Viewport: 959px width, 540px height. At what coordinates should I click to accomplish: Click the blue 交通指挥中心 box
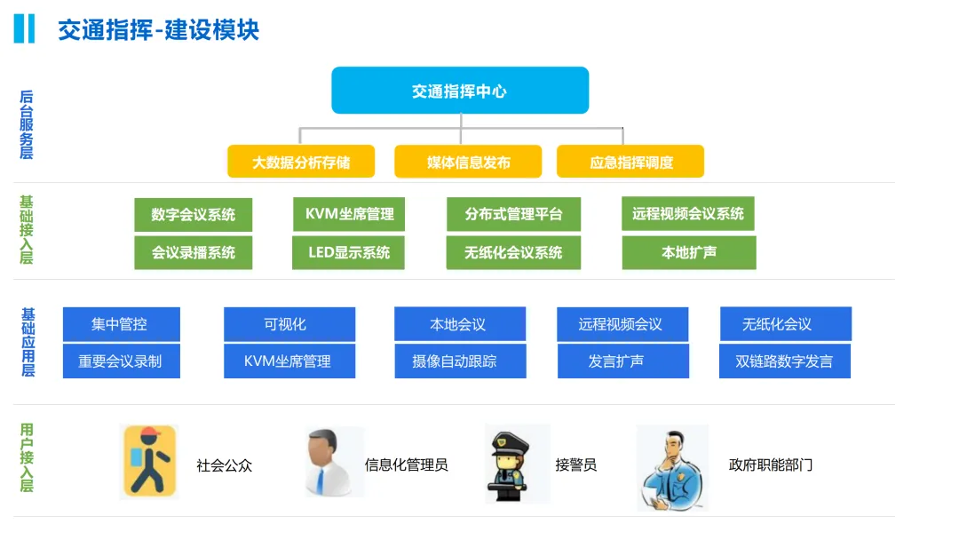[x=460, y=91]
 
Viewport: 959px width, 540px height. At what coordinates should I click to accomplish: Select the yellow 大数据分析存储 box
[x=301, y=163]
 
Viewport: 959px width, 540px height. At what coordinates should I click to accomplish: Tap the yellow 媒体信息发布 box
[x=468, y=163]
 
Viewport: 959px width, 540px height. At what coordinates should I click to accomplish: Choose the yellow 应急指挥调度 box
[x=630, y=163]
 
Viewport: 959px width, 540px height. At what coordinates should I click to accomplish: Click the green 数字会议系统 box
[x=194, y=215]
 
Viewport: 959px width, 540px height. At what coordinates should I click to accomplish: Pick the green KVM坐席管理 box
[x=349, y=214]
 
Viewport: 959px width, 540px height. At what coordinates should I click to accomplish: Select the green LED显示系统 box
[x=349, y=252]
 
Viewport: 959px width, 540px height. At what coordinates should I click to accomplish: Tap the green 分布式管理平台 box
[x=513, y=215]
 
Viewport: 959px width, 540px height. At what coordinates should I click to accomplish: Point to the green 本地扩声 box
[x=688, y=252]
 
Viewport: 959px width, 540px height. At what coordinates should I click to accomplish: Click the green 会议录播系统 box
[x=194, y=253]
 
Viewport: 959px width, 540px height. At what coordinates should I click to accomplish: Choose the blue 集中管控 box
[x=121, y=324]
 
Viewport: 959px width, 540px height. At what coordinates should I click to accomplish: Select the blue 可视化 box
[x=289, y=324]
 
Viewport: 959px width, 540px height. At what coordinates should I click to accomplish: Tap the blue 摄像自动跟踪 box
[x=460, y=361]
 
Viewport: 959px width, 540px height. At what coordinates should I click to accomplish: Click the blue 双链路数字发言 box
[x=785, y=361]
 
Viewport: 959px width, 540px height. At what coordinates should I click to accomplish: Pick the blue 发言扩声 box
[x=622, y=361]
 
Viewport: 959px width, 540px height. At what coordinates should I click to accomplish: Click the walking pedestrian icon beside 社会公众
[x=148, y=462]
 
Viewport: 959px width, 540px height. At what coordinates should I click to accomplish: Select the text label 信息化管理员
[x=406, y=465]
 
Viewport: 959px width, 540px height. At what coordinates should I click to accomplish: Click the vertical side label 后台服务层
[x=27, y=124]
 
